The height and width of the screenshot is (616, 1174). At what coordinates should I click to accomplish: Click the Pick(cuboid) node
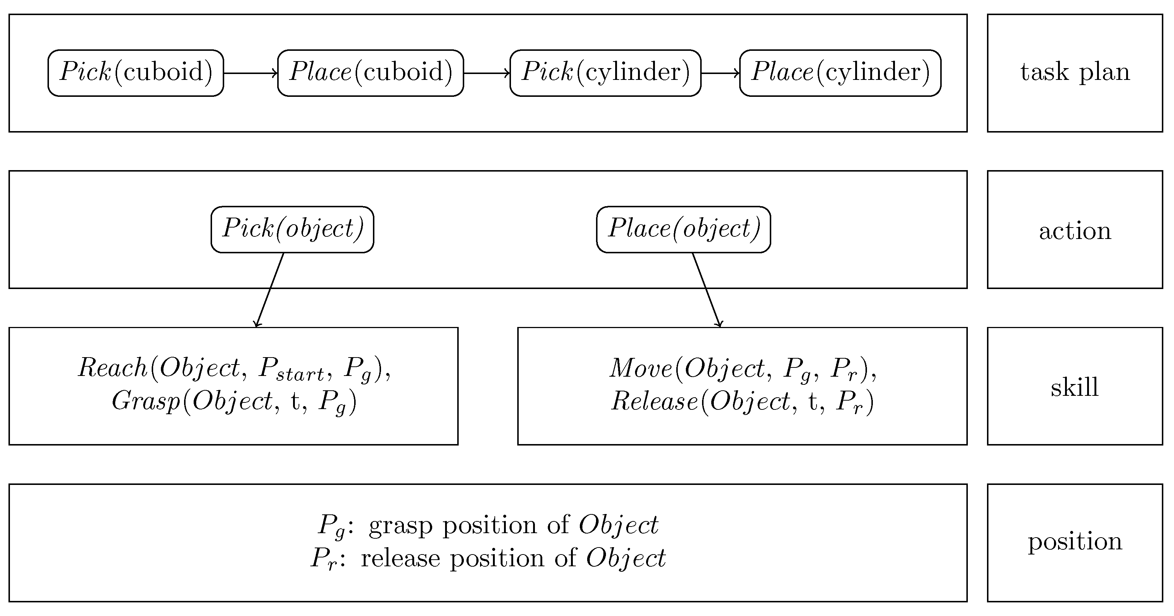pyautogui.click(x=136, y=73)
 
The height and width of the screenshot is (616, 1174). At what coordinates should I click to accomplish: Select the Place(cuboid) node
pyautogui.click(x=370, y=73)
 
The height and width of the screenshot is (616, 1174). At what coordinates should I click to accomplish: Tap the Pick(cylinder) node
pyautogui.click(x=605, y=73)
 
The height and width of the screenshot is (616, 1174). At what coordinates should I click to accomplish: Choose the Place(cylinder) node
pyautogui.click(x=840, y=73)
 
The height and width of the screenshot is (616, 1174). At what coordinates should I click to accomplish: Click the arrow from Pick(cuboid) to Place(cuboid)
pyautogui.click(x=251, y=73)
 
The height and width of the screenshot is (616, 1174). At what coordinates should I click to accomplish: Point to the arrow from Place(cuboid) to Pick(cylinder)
pyautogui.click(x=487, y=73)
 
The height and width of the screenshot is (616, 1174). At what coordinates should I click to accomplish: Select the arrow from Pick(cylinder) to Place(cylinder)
pyautogui.click(x=720, y=73)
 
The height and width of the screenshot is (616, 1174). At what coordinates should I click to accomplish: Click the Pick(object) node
pyautogui.click(x=292, y=229)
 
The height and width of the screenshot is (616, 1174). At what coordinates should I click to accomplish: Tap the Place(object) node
pyautogui.click(x=683, y=229)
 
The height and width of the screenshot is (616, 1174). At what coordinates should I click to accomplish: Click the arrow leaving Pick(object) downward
pyautogui.click(x=270, y=290)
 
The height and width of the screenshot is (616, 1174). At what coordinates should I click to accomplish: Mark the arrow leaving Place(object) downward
pyautogui.click(x=707, y=290)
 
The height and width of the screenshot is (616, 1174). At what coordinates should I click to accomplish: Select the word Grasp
pyautogui.click(x=146, y=402)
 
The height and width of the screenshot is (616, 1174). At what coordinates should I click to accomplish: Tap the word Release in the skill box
pyautogui.click(x=654, y=402)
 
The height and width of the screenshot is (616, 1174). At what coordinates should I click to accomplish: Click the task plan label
pyautogui.click(x=1075, y=73)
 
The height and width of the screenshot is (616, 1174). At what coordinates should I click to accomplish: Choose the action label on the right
pyautogui.click(x=1075, y=231)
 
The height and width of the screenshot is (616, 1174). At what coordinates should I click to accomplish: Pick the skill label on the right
pyautogui.click(x=1075, y=387)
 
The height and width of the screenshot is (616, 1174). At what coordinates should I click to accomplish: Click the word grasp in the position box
pyautogui.click(x=400, y=525)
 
